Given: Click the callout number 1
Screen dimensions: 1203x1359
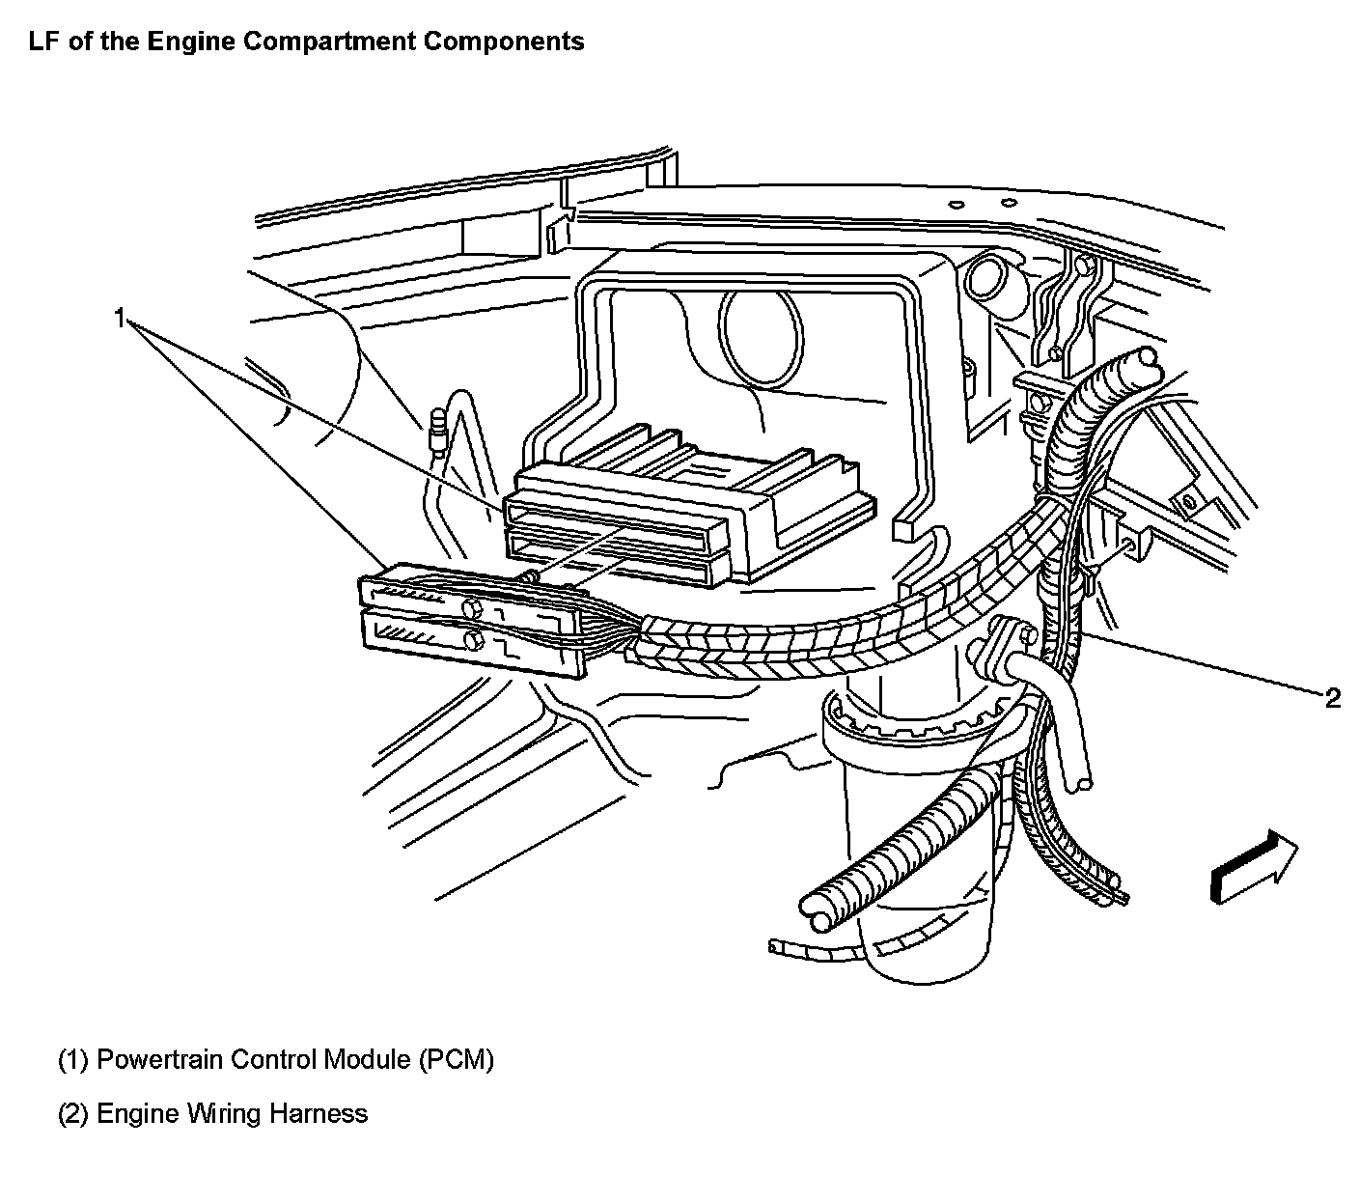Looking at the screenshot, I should coord(120,318).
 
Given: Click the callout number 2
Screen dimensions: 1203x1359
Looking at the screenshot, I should coord(1332,698).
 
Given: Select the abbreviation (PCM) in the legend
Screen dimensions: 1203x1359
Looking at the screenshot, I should coord(456,1060).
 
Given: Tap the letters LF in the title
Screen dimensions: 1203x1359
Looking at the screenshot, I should coord(42,42).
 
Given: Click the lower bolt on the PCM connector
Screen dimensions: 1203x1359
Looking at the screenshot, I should coord(473,641).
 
